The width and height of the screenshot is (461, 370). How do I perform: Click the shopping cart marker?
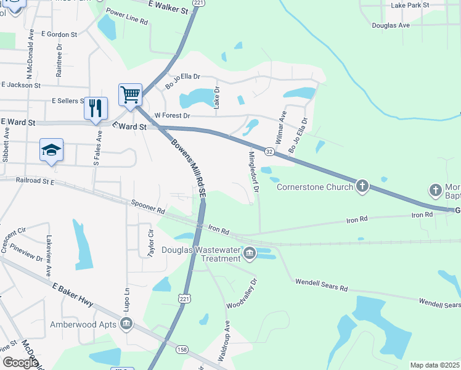coord(130,95)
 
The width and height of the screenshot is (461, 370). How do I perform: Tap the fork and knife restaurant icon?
coord(95,109)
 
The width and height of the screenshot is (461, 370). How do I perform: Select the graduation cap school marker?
coord(52,150)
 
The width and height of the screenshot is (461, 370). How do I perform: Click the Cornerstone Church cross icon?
coord(362,186)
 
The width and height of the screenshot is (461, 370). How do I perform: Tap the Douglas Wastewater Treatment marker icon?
coord(250,253)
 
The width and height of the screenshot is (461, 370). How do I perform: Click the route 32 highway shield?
coord(269,150)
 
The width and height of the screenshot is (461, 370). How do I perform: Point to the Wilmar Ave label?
coord(280,128)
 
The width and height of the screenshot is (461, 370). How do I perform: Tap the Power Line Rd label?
coord(127,17)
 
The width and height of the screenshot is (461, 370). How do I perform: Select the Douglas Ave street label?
coord(391,26)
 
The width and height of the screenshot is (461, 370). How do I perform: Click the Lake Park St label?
coord(409,6)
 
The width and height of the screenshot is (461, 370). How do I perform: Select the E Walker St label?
coord(168,7)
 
